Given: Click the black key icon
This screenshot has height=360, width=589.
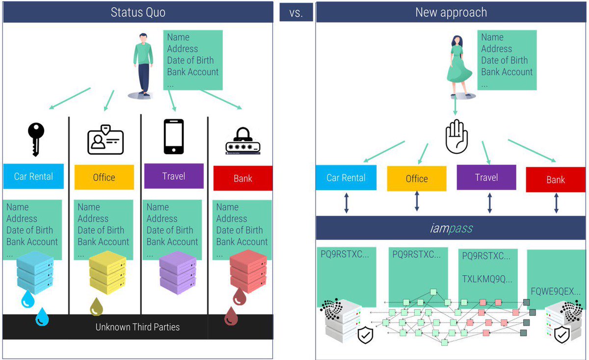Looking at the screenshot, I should point(36,138).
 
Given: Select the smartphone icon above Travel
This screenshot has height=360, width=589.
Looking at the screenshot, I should point(173,137).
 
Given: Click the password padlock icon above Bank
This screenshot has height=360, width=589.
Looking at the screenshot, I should point(242,141).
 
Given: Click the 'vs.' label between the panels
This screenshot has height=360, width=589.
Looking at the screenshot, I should point(296,13).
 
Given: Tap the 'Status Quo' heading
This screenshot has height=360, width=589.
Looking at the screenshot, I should point(138,12).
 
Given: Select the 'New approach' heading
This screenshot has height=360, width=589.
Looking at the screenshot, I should point(451,12).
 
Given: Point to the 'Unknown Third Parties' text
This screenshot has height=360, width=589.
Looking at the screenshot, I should point(137,327).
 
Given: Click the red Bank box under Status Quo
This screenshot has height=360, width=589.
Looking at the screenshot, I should point(243,178).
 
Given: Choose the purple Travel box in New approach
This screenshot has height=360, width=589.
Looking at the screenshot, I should point(486,177).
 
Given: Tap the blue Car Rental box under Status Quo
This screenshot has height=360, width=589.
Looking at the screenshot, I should point(33,176).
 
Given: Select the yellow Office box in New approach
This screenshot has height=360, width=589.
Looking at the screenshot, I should point(417,179).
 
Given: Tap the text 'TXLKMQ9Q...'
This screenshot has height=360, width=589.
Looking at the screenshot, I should point(487,279).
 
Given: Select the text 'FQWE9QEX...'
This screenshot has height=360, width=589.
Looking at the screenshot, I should point(556,292).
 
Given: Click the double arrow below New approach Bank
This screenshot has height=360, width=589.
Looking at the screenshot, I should point(556,202).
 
